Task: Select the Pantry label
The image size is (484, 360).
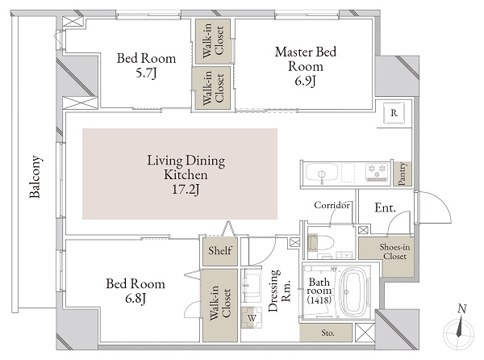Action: pyautogui.click(x=401, y=173)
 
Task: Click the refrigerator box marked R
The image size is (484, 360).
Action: pyautogui.click(x=393, y=113)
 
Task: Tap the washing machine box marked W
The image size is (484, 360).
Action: pyautogui.click(x=252, y=317)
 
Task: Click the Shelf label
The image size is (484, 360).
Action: pyautogui.click(x=220, y=251)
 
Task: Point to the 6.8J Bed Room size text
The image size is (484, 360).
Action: pyautogui.click(x=135, y=299)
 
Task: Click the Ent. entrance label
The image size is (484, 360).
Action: pyautogui.click(x=385, y=209)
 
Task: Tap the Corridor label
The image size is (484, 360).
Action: pyautogui.click(x=332, y=206)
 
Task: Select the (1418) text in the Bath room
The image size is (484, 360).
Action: pyautogui.click(x=319, y=299)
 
